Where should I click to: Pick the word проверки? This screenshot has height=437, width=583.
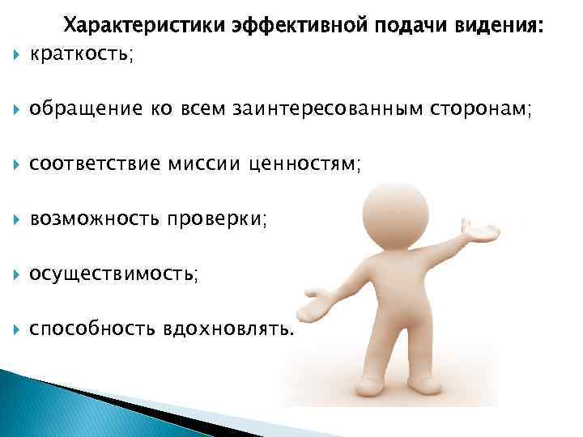(215, 219)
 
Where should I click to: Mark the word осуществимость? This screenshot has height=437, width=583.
(110, 274)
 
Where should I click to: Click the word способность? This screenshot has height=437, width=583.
(91, 329)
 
